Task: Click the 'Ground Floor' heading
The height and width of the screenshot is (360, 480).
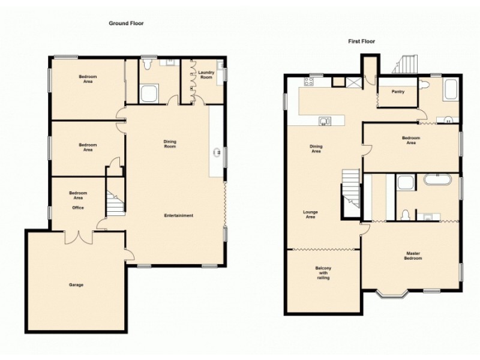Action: coord(126,23)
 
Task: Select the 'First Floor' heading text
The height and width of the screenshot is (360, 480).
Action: coord(362,41)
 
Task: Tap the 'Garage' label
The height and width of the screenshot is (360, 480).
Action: coord(76,284)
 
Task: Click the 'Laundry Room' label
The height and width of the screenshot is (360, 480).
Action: coord(206,75)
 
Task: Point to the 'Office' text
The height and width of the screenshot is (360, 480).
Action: coord(78,208)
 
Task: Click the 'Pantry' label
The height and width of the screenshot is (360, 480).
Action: coord(397,92)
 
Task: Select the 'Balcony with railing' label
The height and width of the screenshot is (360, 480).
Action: coord(323,273)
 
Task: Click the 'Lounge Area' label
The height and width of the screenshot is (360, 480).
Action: coord(310,214)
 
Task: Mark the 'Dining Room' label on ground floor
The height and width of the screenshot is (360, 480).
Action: coord(170,144)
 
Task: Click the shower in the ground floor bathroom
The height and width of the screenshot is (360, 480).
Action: coord(148,94)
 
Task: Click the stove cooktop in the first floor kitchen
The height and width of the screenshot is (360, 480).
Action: coord(312,82)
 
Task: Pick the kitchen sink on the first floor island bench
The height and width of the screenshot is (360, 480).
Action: coord(325,121)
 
